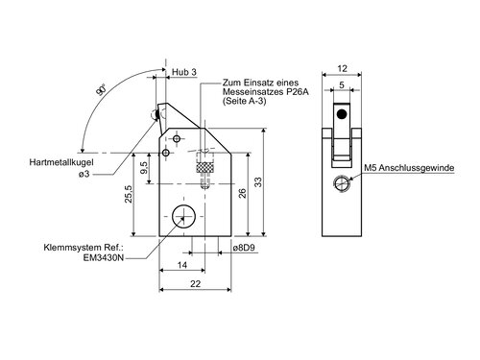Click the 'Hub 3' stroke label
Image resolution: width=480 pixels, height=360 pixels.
click(x=184, y=72)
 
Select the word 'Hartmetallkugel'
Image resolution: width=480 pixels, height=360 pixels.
click(x=61, y=162)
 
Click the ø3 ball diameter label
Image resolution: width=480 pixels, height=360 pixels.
click(x=84, y=174)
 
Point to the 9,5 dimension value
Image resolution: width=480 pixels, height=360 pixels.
click(x=144, y=167)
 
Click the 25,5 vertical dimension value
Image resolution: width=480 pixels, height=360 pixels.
click(x=129, y=194)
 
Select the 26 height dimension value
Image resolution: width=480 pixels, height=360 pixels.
click(x=242, y=193)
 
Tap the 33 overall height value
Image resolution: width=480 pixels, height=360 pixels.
click(x=257, y=182)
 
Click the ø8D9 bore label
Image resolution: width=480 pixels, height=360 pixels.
click(x=246, y=248)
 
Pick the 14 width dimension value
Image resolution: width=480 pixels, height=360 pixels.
click(x=182, y=265)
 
